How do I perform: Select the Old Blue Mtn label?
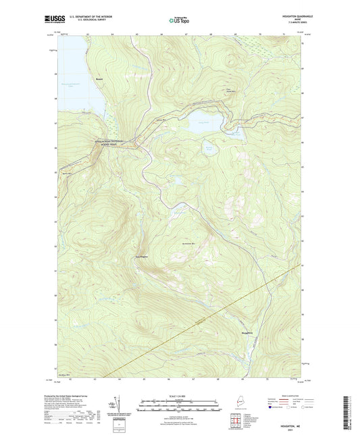click(x=62, y=374)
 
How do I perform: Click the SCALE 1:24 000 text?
click(x=180, y=396)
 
